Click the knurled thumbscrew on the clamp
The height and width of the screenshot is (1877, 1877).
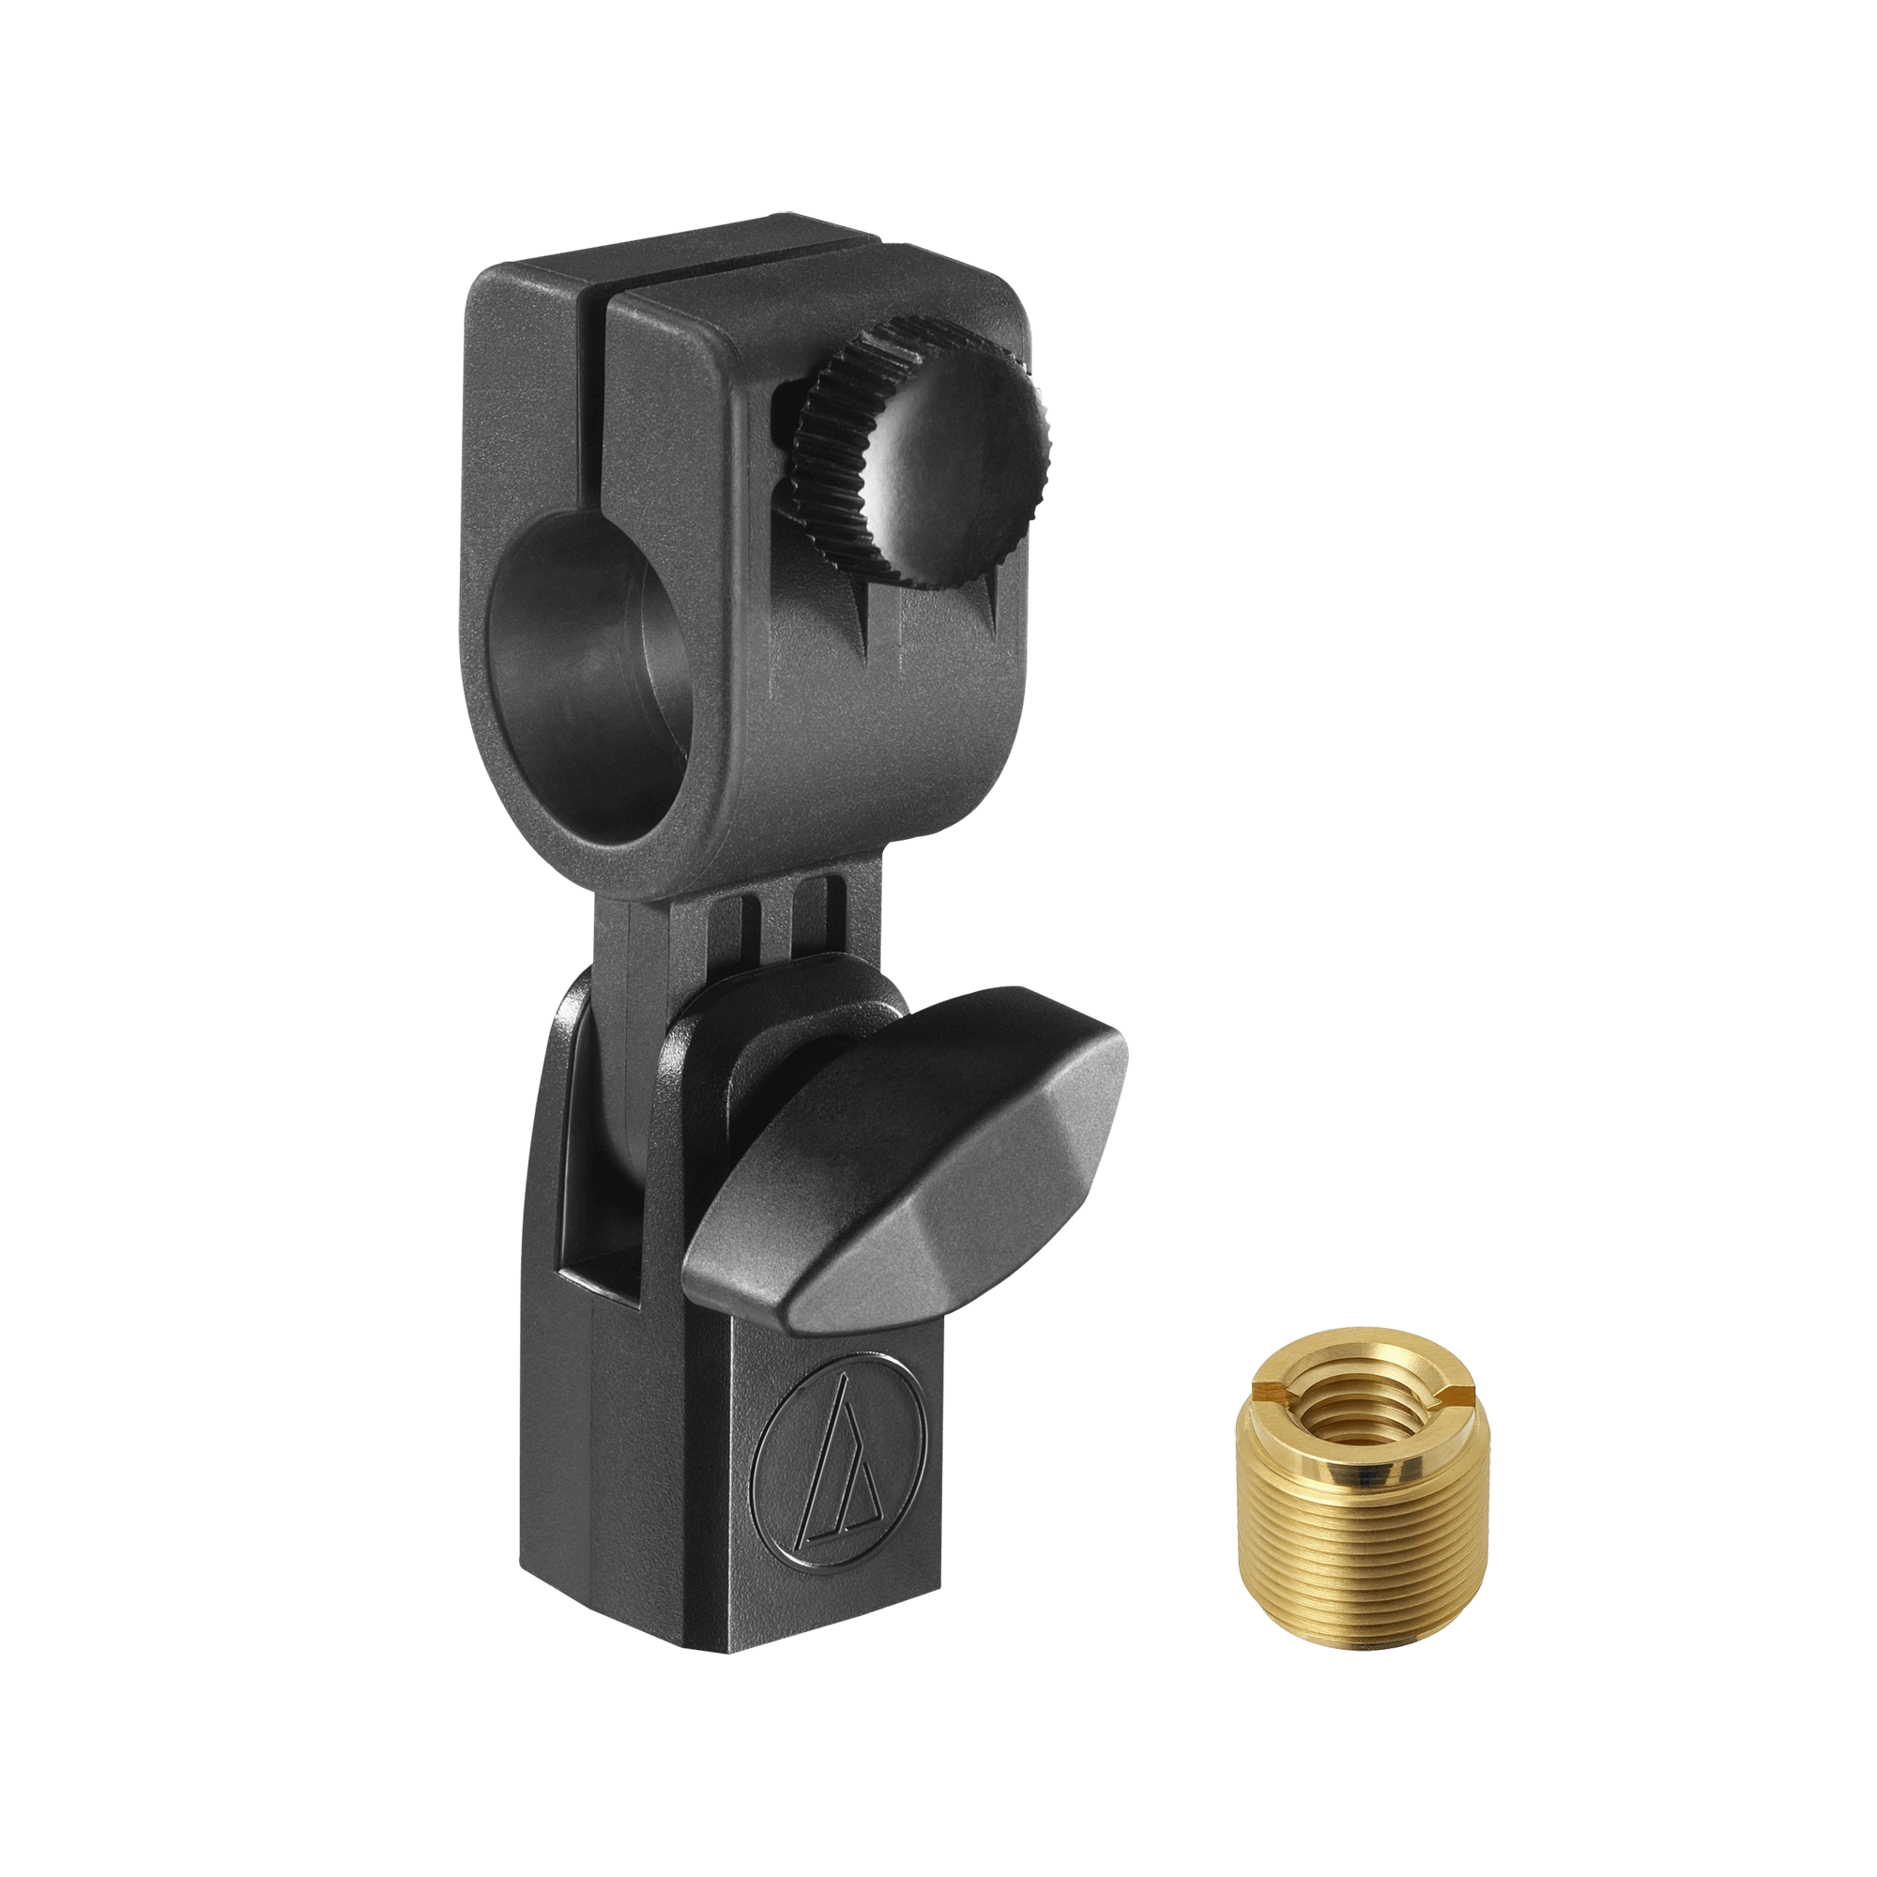(x=923, y=457)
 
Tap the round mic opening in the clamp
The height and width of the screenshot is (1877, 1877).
(x=583, y=670)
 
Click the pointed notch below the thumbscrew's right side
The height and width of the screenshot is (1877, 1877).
(x=991, y=603)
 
